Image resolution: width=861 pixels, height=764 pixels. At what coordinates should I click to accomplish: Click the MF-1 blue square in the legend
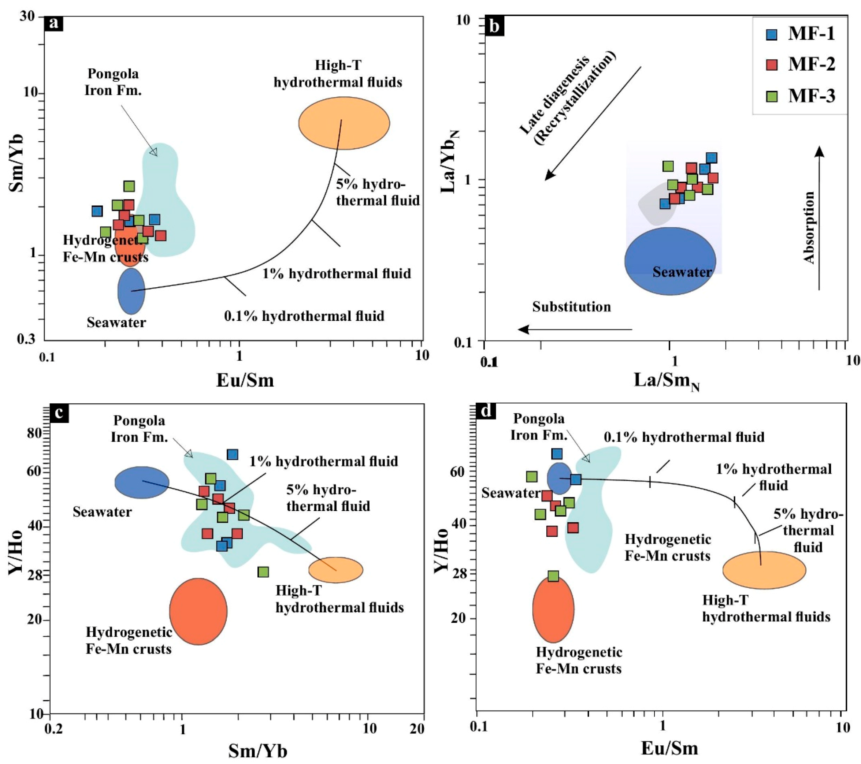(x=771, y=34)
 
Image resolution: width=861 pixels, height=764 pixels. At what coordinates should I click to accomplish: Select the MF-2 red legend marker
(x=771, y=65)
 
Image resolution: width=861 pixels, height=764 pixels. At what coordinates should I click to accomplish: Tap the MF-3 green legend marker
(x=771, y=96)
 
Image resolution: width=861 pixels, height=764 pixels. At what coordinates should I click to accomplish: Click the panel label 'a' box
(x=53, y=23)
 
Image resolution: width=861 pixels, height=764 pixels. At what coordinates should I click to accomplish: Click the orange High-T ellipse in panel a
(x=344, y=123)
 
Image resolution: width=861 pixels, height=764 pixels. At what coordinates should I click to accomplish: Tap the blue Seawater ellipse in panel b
(x=670, y=261)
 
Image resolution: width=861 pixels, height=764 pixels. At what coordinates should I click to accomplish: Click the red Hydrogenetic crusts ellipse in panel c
(x=198, y=611)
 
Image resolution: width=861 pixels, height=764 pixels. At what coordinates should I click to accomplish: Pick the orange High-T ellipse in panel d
(x=764, y=570)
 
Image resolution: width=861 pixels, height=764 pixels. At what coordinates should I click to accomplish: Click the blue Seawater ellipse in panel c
(x=142, y=482)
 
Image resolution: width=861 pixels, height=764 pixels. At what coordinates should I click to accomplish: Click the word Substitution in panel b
(x=571, y=307)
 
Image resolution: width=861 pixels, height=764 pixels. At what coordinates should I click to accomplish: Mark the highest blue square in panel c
(x=232, y=454)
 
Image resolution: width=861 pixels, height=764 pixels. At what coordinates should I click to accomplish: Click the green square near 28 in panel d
(x=553, y=576)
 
